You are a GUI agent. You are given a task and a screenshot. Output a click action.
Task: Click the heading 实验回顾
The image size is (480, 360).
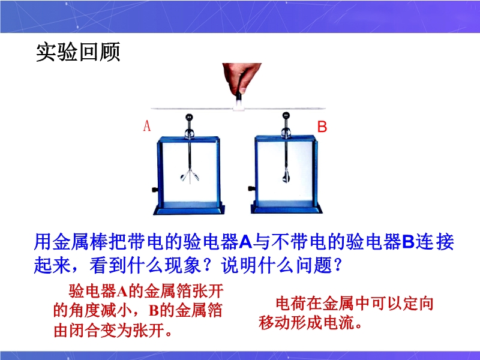click(78, 52)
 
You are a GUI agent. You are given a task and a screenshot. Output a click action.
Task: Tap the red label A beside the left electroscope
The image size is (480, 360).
click(147, 126)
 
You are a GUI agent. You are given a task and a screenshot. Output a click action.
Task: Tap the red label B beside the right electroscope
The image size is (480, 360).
click(322, 127)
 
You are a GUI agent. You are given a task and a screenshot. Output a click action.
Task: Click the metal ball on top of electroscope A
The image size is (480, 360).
click(189, 117)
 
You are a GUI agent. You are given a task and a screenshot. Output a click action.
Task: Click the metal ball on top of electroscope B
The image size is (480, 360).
click(286, 115)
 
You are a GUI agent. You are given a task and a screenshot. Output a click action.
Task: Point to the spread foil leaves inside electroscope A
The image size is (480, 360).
click(190, 176)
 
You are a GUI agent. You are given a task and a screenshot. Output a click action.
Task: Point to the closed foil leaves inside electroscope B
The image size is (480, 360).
click(286, 176)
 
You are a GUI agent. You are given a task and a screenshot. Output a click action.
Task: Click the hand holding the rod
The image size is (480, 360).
click(242, 78)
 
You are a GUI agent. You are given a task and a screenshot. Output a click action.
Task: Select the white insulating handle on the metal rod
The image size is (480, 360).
click(238, 106)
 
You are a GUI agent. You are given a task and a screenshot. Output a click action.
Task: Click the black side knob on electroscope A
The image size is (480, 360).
click(155, 190)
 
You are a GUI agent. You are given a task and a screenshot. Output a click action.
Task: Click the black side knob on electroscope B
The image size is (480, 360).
click(251, 188)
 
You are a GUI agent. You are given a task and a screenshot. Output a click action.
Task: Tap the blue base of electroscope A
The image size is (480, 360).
click(189, 209)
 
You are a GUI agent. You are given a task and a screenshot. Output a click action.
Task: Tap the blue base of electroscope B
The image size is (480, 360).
click(286, 208)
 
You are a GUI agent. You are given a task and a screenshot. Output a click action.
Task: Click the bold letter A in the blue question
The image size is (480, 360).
click(245, 242)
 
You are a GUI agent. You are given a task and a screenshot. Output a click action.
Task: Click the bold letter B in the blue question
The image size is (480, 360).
click(408, 242)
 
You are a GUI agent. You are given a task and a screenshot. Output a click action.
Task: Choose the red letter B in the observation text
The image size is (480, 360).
click(154, 311)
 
